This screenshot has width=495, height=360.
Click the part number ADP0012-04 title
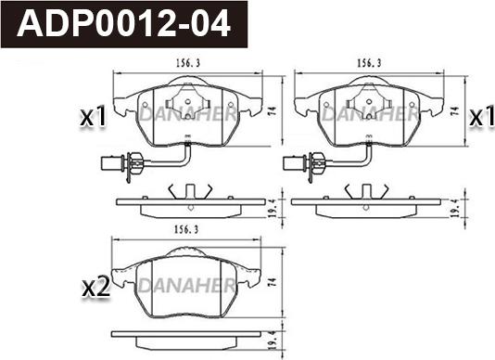click(123, 24)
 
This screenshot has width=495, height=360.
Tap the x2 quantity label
click(96, 288)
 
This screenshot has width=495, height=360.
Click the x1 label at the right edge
click(482, 116)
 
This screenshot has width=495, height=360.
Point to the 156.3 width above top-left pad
click(188, 63)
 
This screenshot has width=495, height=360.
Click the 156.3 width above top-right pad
click(369, 63)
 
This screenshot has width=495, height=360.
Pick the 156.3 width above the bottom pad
click(186, 229)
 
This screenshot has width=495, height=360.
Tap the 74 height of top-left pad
click(273, 110)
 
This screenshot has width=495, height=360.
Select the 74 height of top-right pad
click(455, 110)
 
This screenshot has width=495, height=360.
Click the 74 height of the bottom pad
click(273, 282)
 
